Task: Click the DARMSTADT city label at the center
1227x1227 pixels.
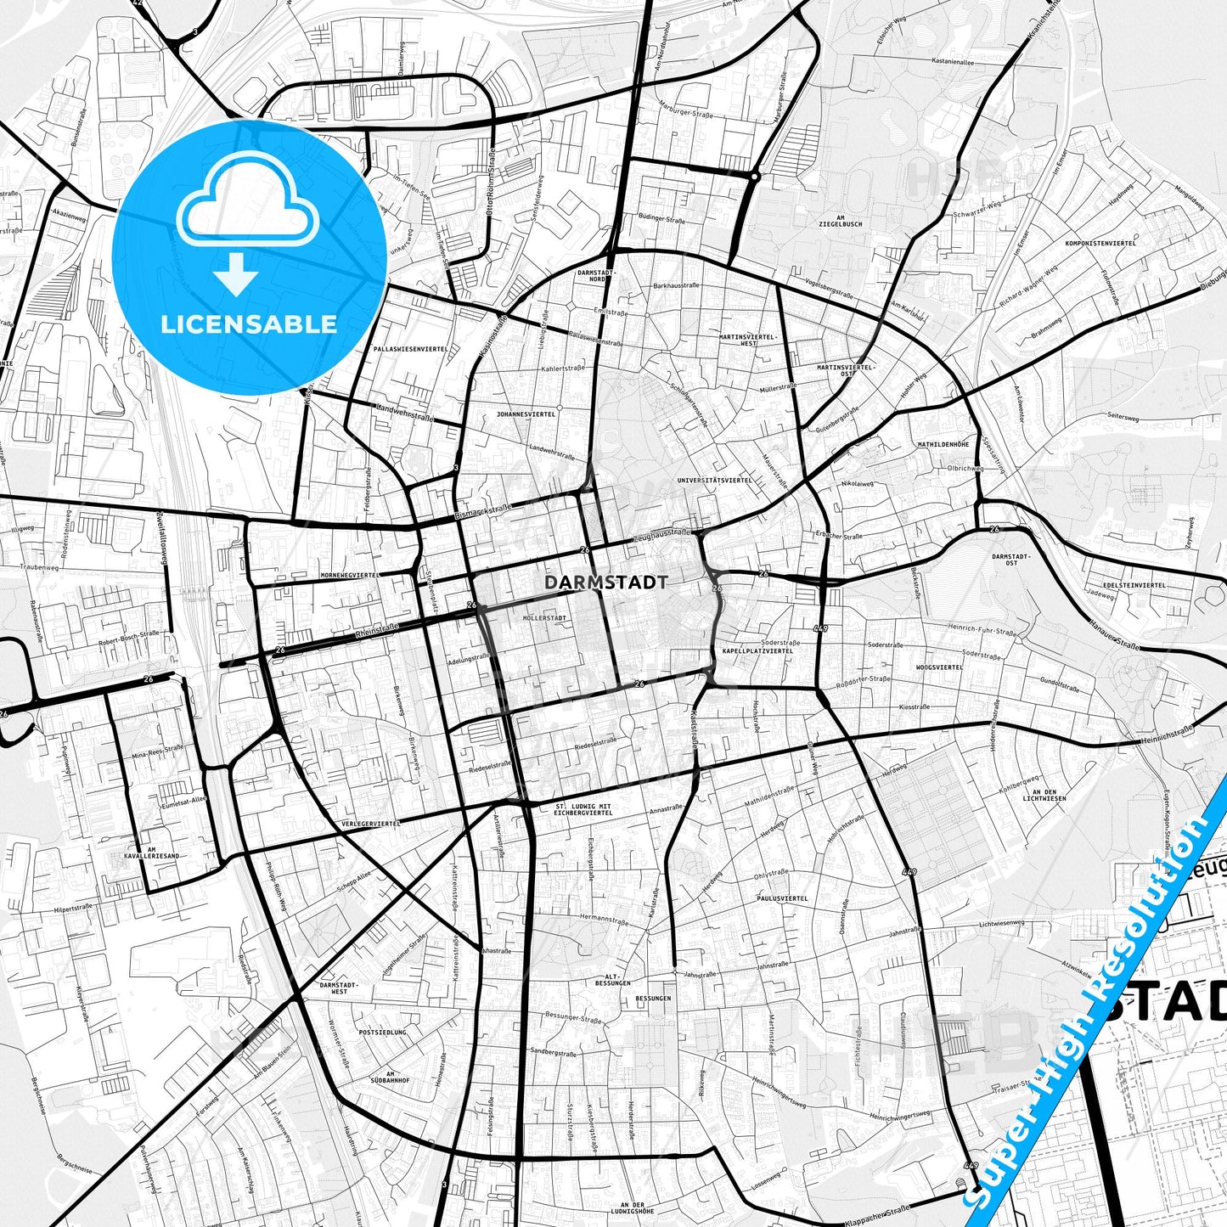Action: [605, 583]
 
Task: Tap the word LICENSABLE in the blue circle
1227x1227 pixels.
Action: [250, 324]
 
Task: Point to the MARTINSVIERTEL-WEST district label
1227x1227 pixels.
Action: [748, 340]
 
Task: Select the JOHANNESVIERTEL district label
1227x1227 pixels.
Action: [526, 414]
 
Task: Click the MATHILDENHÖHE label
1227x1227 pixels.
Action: [943, 444]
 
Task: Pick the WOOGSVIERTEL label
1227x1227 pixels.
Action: [939, 667]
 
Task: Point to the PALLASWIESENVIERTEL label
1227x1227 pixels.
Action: [410, 349]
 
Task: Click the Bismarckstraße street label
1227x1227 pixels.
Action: [483, 512]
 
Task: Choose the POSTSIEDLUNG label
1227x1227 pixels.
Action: [383, 1033]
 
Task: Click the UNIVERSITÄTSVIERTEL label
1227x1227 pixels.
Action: [714, 480]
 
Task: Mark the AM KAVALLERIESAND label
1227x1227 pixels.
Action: [151, 853]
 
